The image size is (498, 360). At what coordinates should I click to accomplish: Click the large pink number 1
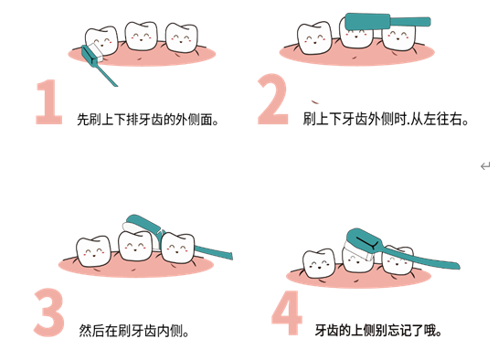click(x=49, y=101)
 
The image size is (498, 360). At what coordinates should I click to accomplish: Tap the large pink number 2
click(x=272, y=99)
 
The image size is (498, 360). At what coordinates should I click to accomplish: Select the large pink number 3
click(x=49, y=312)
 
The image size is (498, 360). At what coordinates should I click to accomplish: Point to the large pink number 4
click(x=287, y=312)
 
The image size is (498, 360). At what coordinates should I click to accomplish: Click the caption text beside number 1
click(x=148, y=120)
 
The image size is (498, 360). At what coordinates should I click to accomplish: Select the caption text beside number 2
click(x=386, y=119)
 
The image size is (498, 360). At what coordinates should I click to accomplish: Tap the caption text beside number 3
click(x=133, y=331)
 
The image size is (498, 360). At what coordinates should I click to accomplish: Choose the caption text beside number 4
click(x=378, y=331)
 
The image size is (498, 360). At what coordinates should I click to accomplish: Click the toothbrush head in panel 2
click(x=367, y=22)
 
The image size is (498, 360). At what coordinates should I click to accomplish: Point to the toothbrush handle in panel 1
click(x=106, y=75)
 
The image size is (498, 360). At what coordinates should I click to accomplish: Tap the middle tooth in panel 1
click(x=141, y=36)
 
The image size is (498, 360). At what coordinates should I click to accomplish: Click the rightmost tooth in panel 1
click(x=182, y=37)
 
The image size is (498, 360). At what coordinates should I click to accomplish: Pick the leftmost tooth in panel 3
click(x=93, y=250)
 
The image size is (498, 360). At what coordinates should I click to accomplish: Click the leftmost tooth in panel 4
click(x=319, y=263)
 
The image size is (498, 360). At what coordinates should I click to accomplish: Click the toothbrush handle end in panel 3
click(x=230, y=256)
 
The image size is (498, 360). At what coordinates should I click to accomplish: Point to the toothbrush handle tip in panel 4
click(x=458, y=266)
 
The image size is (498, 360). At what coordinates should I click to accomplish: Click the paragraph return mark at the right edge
click(x=485, y=166)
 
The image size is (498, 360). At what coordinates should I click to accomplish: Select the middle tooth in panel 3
click(x=135, y=246)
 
